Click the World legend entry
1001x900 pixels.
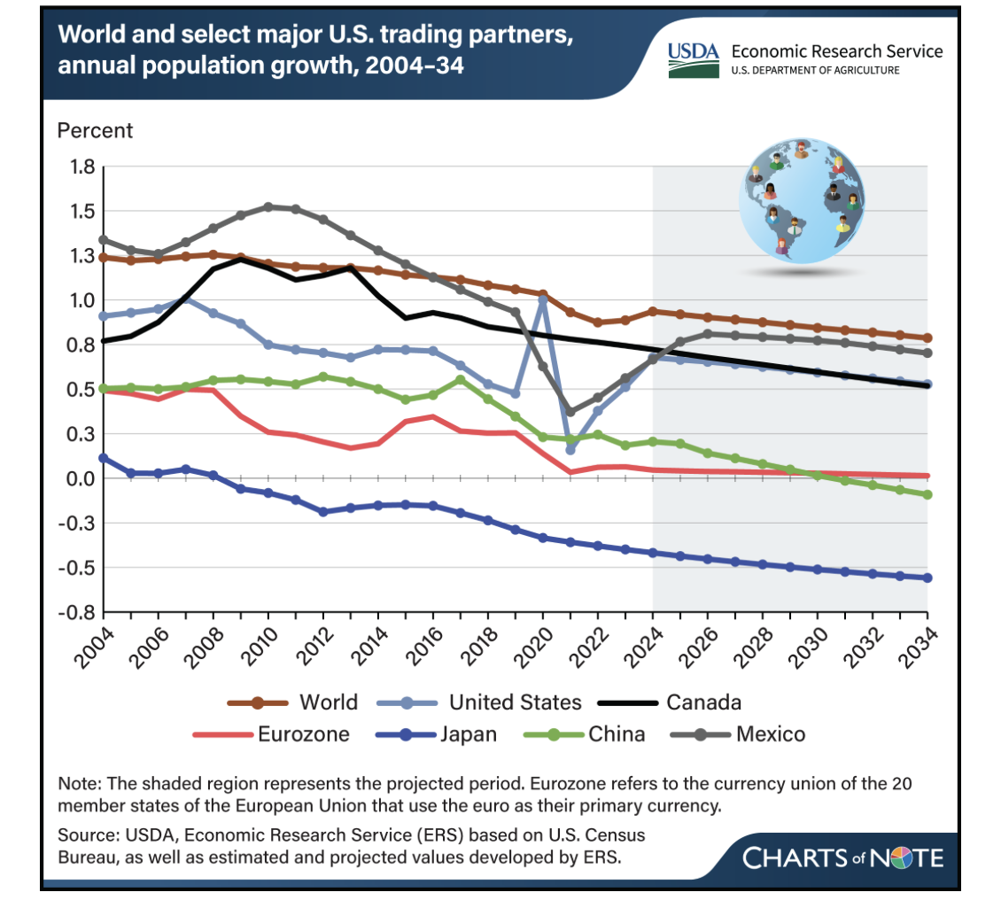point(292,702)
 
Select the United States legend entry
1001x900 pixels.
point(479,702)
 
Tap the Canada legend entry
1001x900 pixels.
point(670,702)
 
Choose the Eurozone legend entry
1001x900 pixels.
point(271,734)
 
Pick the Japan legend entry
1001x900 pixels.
point(436,734)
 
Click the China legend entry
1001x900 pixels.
point(584,734)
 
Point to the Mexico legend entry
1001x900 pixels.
point(738,734)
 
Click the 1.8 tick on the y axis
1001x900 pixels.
point(81,167)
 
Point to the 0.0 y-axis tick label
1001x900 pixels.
point(81,478)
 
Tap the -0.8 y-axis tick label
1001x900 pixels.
point(76,612)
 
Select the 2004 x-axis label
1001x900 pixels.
point(95,648)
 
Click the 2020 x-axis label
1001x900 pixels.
point(533,648)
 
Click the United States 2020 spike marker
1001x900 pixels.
point(543,299)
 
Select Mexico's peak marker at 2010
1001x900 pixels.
point(268,206)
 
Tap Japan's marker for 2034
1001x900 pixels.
point(927,578)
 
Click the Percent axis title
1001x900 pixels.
point(95,130)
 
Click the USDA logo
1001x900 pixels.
point(694,60)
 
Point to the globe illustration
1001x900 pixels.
point(802,201)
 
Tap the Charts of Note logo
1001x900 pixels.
point(842,857)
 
